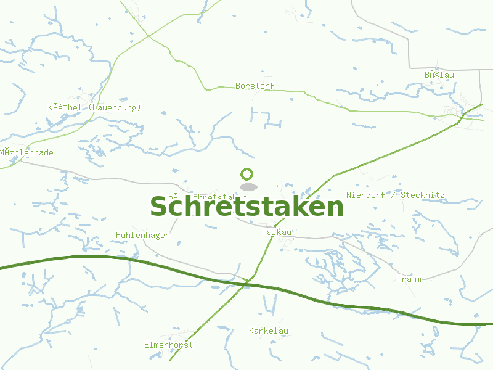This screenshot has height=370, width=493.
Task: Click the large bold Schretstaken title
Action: point(246,207)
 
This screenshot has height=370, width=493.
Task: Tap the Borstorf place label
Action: point(255,86)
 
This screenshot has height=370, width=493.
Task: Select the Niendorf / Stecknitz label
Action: point(395,195)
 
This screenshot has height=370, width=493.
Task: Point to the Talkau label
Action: point(277,232)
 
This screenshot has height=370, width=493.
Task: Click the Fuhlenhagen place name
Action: point(143,236)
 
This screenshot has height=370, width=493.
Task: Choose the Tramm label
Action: point(409,279)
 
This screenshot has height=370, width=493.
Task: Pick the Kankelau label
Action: point(269,331)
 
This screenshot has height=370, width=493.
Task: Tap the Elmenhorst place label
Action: point(168,345)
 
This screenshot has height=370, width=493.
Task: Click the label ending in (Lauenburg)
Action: point(94,107)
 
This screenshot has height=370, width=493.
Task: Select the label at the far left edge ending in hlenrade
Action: point(27,152)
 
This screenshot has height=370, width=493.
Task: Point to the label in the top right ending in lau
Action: point(439,75)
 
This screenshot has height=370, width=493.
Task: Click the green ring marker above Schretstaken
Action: point(247,175)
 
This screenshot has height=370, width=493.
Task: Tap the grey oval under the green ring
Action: point(248,187)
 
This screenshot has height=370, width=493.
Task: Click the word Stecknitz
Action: point(422,195)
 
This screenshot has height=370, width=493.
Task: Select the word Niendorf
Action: point(366,195)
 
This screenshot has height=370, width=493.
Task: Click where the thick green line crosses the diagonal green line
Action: point(249,284)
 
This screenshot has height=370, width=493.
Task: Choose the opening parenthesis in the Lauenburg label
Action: point(91,107)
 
